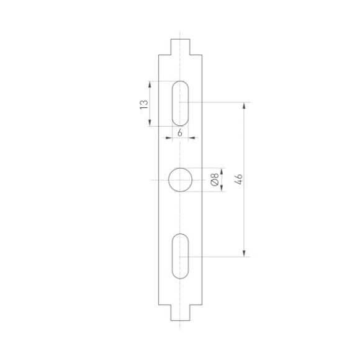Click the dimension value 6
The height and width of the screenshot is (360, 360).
(x=180, y=133)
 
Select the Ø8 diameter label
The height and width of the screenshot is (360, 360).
(x=214, y=180)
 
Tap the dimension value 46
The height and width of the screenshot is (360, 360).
(x=237, y=179)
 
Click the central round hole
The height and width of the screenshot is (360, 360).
(x=181, y=180)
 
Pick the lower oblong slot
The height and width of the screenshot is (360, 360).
(x=181, y=256)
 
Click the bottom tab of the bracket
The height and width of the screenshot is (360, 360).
(x=181, y=313)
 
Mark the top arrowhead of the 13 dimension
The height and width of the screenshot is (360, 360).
(x=150, y=84)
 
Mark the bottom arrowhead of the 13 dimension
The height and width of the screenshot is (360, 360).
(x=150, y=122)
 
